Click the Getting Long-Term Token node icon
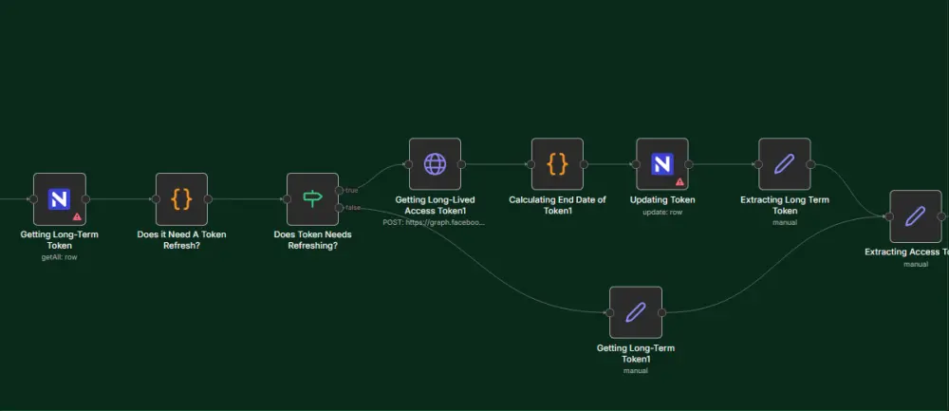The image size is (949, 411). [59, 198]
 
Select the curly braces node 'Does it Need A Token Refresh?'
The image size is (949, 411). [181, 198]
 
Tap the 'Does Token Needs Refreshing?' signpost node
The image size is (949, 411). [312, 198]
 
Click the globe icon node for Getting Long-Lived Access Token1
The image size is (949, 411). [435, 163]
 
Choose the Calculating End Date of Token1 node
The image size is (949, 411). [557, 163]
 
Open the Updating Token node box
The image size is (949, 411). [661, 163]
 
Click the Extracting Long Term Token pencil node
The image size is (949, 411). [784, 163]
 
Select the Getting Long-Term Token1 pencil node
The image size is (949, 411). [635, 311]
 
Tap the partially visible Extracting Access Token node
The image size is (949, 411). [915, 215]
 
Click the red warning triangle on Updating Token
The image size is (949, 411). [679, 180]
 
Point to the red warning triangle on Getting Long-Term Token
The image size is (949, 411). [77, 216]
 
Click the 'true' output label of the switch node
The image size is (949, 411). [351, 191]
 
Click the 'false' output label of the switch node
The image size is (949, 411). [352, 208]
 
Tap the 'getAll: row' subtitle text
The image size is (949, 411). [59, 256]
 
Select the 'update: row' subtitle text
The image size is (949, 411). [662, 212]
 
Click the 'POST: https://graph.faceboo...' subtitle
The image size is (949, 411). [434, 222]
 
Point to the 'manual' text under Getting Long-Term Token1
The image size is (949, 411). [635, 370]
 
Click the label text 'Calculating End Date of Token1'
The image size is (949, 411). [557, 205]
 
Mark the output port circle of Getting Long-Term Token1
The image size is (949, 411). [662, 311]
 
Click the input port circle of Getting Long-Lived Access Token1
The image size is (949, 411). [408, 163]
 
